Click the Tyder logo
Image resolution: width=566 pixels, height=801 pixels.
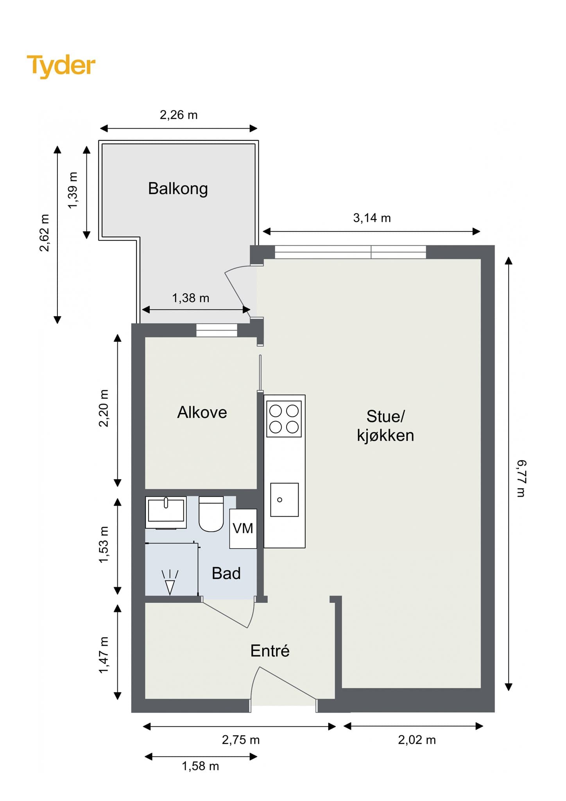point(61,66)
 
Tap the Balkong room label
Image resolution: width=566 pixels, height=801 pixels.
point(178,189)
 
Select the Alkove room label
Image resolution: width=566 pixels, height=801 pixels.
point(202,412)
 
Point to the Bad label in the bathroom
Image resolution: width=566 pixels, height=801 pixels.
point(226,573)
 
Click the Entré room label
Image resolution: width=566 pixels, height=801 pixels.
point(270,651)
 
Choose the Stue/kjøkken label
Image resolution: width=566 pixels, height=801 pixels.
point(385,426)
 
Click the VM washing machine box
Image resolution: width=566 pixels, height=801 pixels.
point(243,529)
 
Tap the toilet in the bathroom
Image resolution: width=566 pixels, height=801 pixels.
point(211,514)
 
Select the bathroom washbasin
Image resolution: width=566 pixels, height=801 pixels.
point(166,512)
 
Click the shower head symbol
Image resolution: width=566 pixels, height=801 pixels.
point(170,583)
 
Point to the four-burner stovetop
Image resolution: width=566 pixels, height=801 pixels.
point(284,419)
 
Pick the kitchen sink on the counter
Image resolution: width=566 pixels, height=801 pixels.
point(285,499)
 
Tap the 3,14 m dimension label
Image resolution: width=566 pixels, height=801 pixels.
point(372,218)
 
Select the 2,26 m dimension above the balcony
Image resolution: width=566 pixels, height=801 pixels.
point(179,115)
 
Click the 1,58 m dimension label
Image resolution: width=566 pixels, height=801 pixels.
point(201,766)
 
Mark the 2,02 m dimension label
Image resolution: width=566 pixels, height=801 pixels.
point(417,740)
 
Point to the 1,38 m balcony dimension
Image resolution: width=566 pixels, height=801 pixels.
point(191,298)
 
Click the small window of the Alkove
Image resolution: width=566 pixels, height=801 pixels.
point(217,330)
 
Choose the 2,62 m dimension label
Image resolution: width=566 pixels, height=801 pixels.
point(45,233)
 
